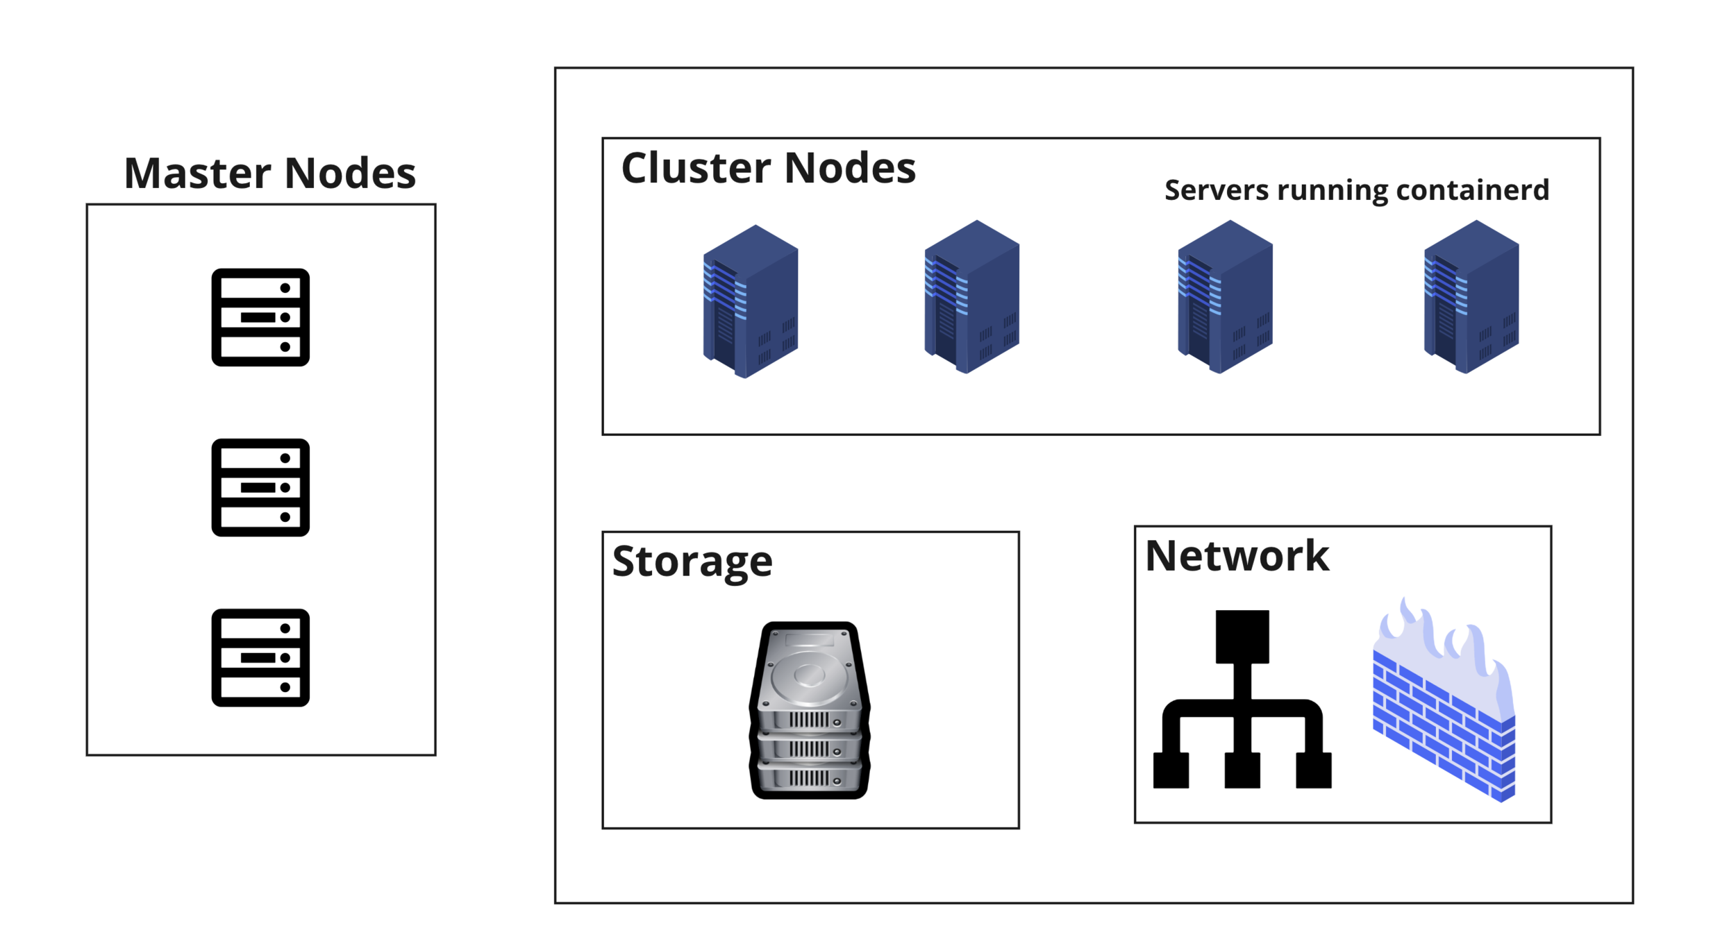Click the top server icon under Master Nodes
260,317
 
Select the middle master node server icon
260,487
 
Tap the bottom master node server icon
260,657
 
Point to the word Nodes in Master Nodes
350,173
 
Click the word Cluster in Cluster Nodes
695,168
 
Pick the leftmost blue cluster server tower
751,301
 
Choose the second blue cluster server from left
971,297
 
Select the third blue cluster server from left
1225,297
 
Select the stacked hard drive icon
810,710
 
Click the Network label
1237,556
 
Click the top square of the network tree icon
1242,636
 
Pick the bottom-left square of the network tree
1171,770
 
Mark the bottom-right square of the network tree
1314,770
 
